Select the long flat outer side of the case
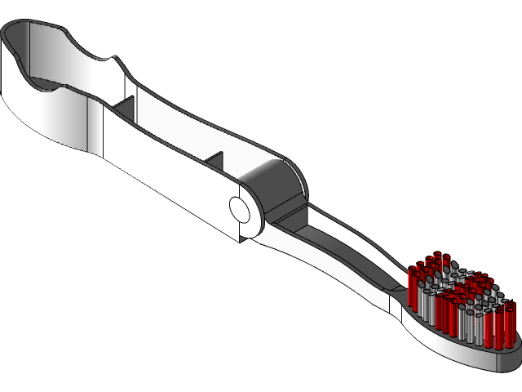(163, 176)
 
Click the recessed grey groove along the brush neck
(343, 245)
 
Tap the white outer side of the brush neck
(343, 282)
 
